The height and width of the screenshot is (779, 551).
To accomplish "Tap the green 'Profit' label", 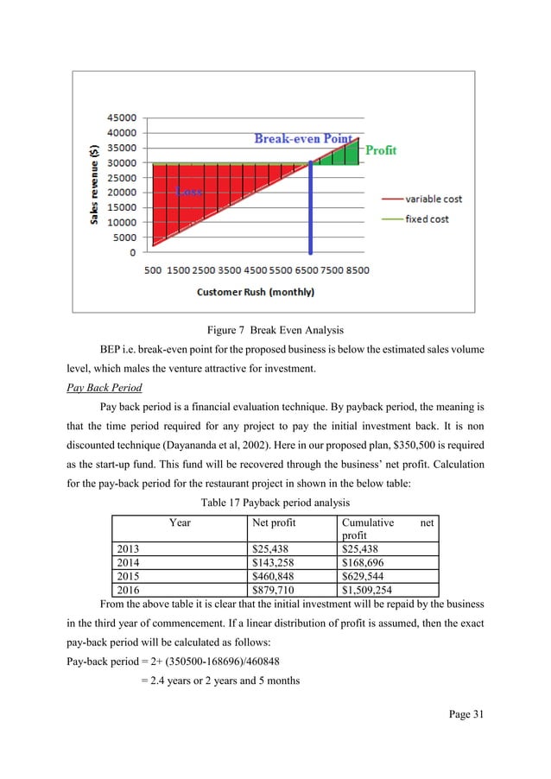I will (380, 150).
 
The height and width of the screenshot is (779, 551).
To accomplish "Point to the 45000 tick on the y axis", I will (121, 117).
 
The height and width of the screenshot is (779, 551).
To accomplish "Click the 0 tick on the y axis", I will (132, 253).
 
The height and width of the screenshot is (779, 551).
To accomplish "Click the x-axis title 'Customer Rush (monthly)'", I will (256, 292).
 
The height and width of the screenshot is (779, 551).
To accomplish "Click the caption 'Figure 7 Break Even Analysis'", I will (275, 329).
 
